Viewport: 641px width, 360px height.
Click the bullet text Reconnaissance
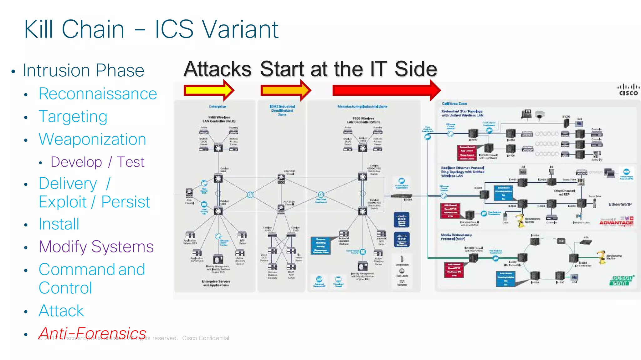coord(98,94)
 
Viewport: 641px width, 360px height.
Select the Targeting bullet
coord(73,117)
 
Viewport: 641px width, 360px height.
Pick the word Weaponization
coord(92,139)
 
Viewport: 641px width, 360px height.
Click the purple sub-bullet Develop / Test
coord(97,162)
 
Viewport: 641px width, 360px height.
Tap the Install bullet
coord(59,224)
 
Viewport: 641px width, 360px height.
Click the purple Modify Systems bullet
coord(96,247)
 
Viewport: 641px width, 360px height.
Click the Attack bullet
coord(61,311)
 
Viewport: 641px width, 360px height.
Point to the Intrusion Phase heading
coord(84,70)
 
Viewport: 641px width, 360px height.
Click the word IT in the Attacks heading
coord(378,69)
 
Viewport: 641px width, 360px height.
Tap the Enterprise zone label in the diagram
coord(217,107)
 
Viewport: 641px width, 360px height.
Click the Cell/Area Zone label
coord(454,104)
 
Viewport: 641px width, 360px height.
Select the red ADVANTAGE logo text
coord(616,223)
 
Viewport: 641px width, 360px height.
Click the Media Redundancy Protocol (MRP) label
coord(456,237)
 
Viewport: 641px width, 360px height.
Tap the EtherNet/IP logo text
coord(620,204)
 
